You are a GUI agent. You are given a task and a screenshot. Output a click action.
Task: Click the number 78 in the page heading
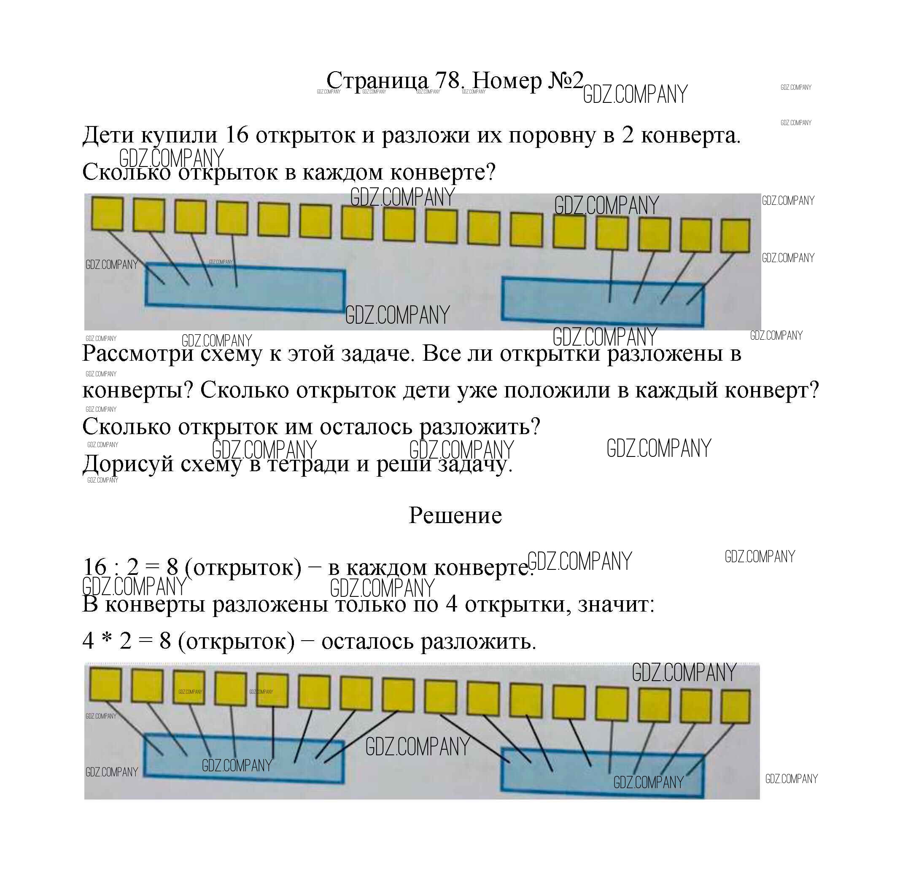coord(448,81)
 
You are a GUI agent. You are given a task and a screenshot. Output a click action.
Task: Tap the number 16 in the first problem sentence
coord(237,135)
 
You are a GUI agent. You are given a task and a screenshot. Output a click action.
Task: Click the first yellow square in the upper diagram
coord(107,214)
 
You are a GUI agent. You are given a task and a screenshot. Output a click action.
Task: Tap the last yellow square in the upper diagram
coord(735,236)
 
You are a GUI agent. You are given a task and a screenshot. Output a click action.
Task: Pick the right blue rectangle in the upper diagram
coord(602,301)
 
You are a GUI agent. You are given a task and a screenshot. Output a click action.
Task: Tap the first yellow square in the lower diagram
coord(105,684)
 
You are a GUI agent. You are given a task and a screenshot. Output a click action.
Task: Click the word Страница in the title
coord(377,81)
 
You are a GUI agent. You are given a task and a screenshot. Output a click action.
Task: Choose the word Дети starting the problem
coord(108,135)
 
